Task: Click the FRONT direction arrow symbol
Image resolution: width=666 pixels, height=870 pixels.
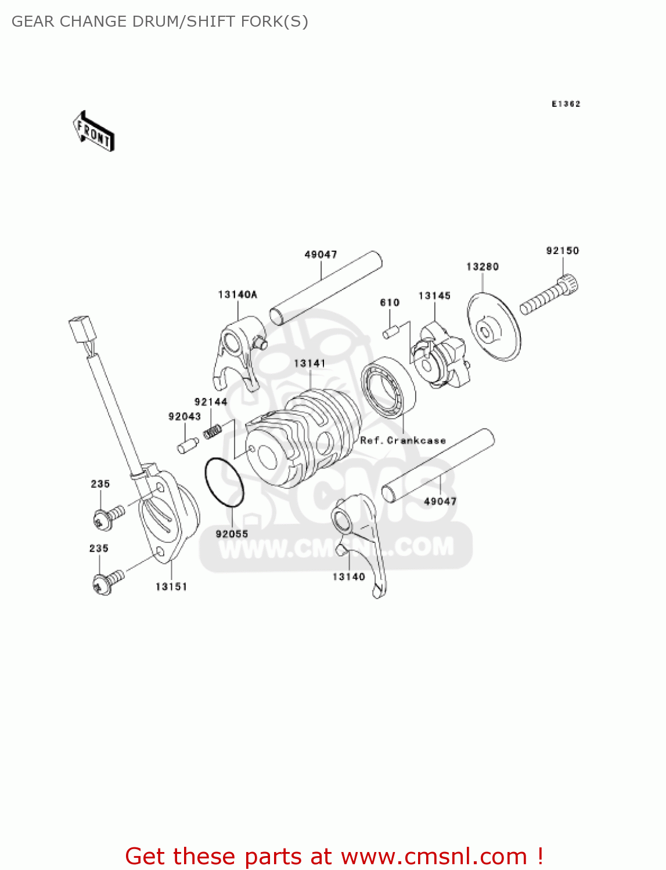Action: [93, 131]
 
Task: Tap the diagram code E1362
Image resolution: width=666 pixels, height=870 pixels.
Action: [566, 104]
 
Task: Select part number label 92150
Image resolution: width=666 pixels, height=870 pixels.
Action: [562, 251]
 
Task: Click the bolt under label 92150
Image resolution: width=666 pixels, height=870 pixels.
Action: [549, 296]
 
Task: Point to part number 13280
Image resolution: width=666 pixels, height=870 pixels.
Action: [483, 266]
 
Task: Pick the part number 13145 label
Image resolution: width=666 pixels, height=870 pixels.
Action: [434, 296]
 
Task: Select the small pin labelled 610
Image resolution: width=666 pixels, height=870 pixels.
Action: [389, 333]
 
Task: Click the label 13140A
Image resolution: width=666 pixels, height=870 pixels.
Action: [237, 295]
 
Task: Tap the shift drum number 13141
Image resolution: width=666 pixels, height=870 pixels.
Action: [309, 363]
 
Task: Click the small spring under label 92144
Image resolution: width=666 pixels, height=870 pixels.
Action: [213, 432]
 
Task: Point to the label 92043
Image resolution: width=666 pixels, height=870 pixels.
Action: [185, 416]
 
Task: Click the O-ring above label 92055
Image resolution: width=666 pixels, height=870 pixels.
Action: [224, 482]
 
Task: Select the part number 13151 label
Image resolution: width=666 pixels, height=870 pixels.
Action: [171, 587]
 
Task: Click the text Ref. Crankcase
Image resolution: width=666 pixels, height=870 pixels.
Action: [403, 440]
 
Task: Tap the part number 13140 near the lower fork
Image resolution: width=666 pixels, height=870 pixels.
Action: [348, 577]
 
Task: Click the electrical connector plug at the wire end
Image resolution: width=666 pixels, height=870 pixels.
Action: [78, 331]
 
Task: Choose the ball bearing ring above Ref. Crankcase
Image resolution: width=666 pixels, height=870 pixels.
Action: [388, 387]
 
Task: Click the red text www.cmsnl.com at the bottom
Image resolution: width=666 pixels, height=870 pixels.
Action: [433, 857]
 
